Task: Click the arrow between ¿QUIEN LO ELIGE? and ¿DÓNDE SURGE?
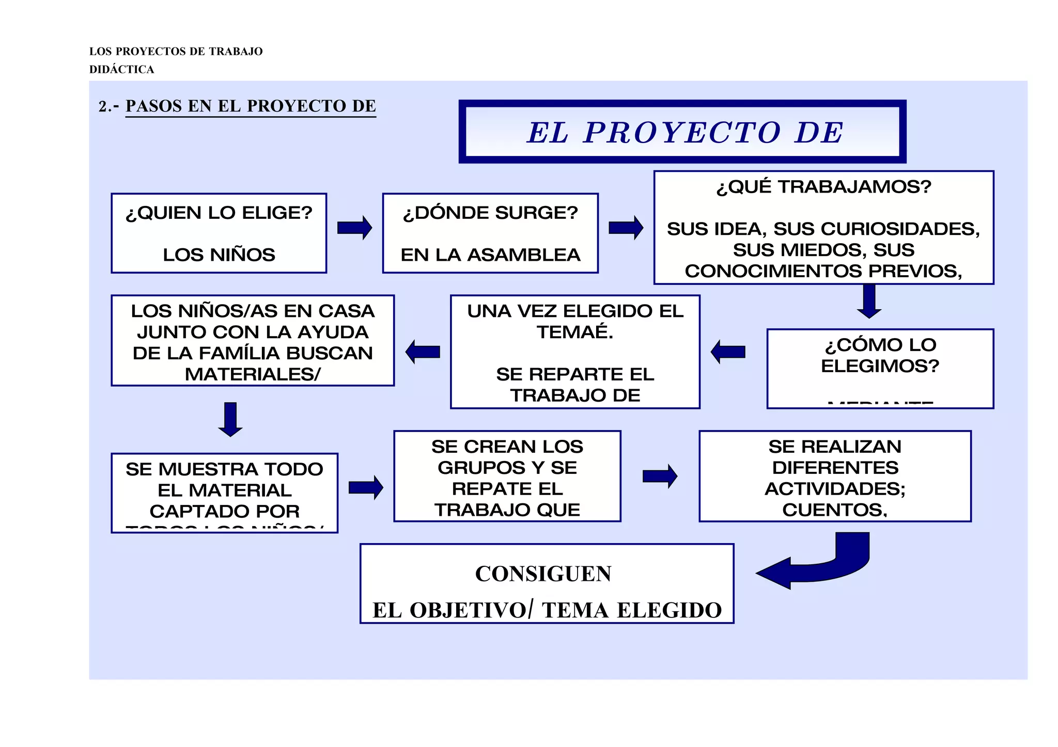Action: pyautogui.click(x=354, y=228)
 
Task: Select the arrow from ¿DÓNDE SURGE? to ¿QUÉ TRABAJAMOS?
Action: pyautogui.click(x=626, y=228)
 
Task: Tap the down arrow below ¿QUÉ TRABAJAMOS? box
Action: pyautogui.click(x=869, y=301)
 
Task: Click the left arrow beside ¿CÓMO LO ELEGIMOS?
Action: pyautogui.click(x=728, y=352)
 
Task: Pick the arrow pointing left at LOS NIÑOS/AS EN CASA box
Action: pyautogui.click(x=423, y=352)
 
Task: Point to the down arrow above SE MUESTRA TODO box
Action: pyautogui.click(x=230, y=419)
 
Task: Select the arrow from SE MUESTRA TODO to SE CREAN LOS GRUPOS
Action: pyautogui.click(x=366, y=487)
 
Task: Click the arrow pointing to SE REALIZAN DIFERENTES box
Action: pyautogui.click(x=660, y=476)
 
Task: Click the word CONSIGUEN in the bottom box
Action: pyautogui.click(x=543, y=574)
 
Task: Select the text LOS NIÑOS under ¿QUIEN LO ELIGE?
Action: pyautogui.click(x=219, y=255)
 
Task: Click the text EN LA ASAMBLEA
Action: pyautogui.click(x=490, y=255)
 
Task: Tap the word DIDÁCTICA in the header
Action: pyautogui.click(x=122, y=70)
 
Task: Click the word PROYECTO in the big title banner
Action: pyautogui.click(x=682, y=133)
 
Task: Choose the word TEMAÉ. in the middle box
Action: pyautogui.click(x=575, y=332)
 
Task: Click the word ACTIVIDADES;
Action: pyautogui.click(x=835, y=489)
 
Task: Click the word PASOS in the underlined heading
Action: pyautogui.click(x=153, y=106)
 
